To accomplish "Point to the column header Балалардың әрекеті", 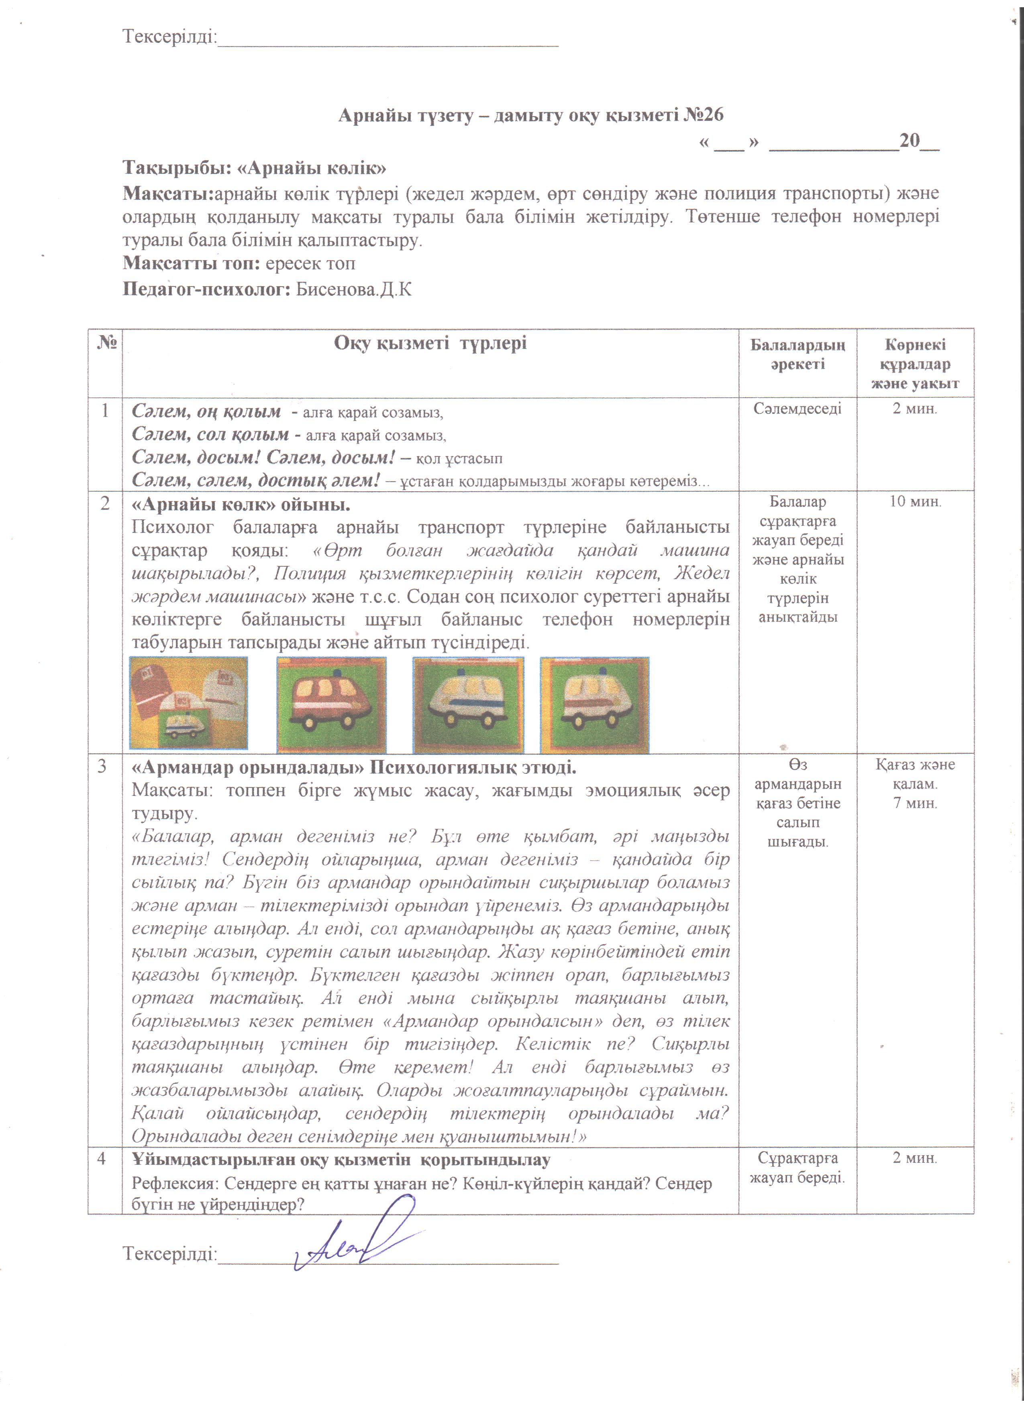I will [x=798, y=354].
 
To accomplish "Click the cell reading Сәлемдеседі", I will [x=798, y=409].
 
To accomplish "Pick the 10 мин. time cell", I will [x=915, y=502].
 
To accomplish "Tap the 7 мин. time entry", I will [x=915, y=803].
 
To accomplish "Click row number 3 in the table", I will [x=105, y=767].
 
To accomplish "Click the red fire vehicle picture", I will [x=332, y=705].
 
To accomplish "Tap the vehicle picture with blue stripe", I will [x=468, y=705].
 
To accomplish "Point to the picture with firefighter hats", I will [x=189, y=703].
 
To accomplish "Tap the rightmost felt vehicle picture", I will [x=594, y=705].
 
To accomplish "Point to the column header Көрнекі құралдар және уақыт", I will [x=915, y=364].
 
